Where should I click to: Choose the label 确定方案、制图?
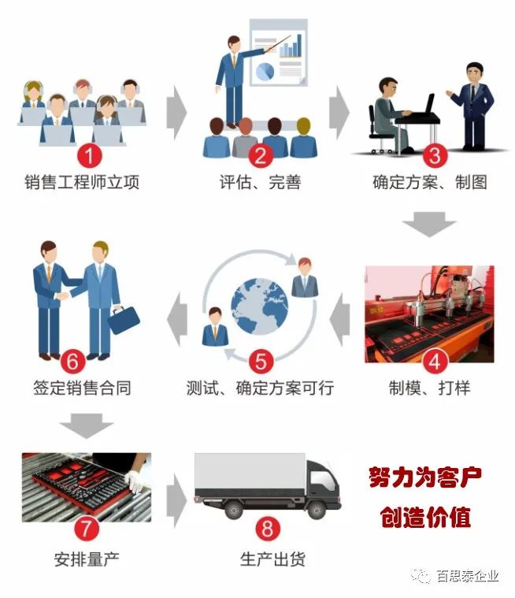[429, 183]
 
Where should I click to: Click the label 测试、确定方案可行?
[260, 388]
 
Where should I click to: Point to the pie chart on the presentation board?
[265, 72]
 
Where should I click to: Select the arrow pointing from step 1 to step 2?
[178, 112]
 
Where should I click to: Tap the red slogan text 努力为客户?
[425, 477]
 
